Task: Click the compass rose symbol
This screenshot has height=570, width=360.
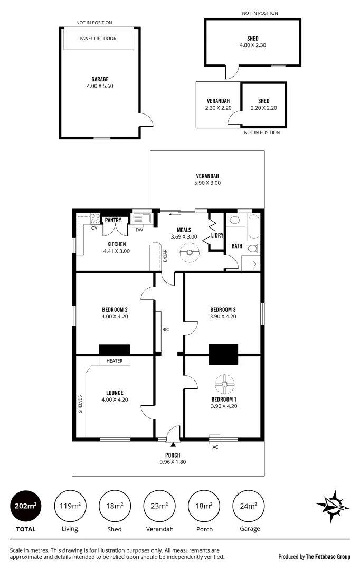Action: click(x=333, y=506)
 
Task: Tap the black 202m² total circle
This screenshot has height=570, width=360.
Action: click(x=25, y=506)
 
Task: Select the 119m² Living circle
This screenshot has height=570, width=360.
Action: click(x=70, y=506)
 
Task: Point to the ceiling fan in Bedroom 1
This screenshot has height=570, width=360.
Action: click(x=224, y=384)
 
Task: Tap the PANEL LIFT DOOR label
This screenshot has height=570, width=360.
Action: click(x=98, y=39)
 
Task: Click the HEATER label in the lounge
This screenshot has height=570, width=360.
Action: click(x=115, y=361)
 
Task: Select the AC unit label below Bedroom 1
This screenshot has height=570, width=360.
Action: click(x=215, y=447)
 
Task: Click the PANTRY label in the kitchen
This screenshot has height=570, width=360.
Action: click(x=113, y=220)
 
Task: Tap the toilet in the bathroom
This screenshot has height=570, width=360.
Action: click(x=254, y=248)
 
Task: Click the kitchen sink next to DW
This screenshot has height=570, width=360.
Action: click(x=141, y=218)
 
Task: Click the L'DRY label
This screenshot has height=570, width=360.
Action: click(x=217, y=235)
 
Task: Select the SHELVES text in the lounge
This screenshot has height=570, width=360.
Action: click(x=80, y=404)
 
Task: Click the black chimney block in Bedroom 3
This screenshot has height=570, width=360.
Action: click(x=223, y=354)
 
